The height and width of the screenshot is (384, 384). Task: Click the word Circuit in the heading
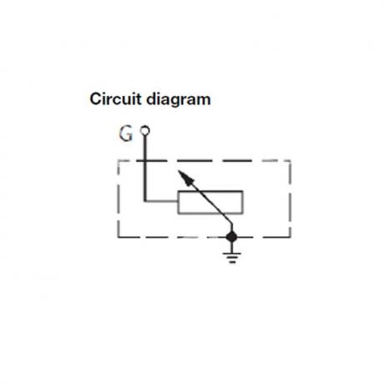(115, 99)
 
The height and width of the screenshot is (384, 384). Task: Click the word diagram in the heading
(179, 100)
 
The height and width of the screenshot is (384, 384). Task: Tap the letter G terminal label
(126, 134)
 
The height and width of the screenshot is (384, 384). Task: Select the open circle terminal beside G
(145, 130)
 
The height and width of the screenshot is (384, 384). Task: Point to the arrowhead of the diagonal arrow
(185, 178)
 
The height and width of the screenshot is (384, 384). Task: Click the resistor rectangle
(210, 202)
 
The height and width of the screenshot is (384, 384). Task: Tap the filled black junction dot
(231, 237)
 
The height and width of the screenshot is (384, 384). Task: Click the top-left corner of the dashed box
(119, 161)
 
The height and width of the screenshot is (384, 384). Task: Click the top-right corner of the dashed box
(291, 161)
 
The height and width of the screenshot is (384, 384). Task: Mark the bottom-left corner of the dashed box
(119, 237)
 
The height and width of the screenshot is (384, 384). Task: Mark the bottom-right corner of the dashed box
(291, 237)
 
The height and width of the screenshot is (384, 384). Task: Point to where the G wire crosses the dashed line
(145, 161)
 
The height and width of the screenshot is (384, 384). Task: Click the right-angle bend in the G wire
(145, 200)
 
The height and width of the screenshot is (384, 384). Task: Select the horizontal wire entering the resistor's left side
(161, 200)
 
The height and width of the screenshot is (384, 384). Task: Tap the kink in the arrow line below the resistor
(231, 223)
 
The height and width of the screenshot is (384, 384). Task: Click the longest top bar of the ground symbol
(232, 253)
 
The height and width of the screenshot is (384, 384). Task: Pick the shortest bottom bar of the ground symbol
(232, 262)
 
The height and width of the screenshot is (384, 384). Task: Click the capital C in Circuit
(95, 99)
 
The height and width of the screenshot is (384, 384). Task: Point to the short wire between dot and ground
(231, 247)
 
